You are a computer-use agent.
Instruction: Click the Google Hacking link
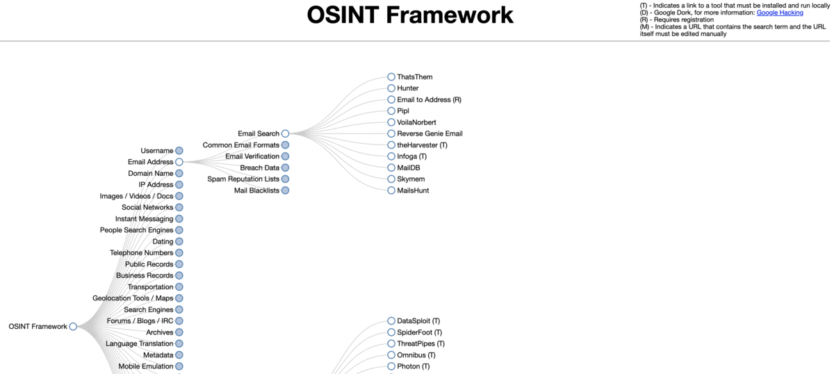[780, 13]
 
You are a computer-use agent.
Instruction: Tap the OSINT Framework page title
[410, 15]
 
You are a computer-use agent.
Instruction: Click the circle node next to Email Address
[179, 162]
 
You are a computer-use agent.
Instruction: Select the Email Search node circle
[285, 133]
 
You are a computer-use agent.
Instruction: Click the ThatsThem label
[414, 76]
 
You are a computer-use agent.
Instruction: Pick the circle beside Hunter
[391, 88]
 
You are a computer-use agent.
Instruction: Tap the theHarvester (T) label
[422, 145]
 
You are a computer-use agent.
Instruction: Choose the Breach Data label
[259, 168]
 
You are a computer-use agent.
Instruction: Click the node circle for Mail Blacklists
[285, 190]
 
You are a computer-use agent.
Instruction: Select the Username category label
[157, 150]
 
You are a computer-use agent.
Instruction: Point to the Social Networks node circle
[179, 207]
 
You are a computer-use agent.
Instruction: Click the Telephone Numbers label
[142, 252]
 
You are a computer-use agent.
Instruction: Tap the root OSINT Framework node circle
[73, 326]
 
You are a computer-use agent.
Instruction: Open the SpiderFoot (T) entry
[419, 332]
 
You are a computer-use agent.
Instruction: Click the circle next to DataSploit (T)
[391, 320]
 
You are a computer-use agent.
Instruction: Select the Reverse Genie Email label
[430, 133]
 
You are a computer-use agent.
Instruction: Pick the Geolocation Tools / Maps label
[133, 298]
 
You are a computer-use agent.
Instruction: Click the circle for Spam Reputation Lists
[285, 179]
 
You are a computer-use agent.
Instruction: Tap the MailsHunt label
[413, 190]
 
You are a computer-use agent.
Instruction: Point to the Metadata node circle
[179, 355]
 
